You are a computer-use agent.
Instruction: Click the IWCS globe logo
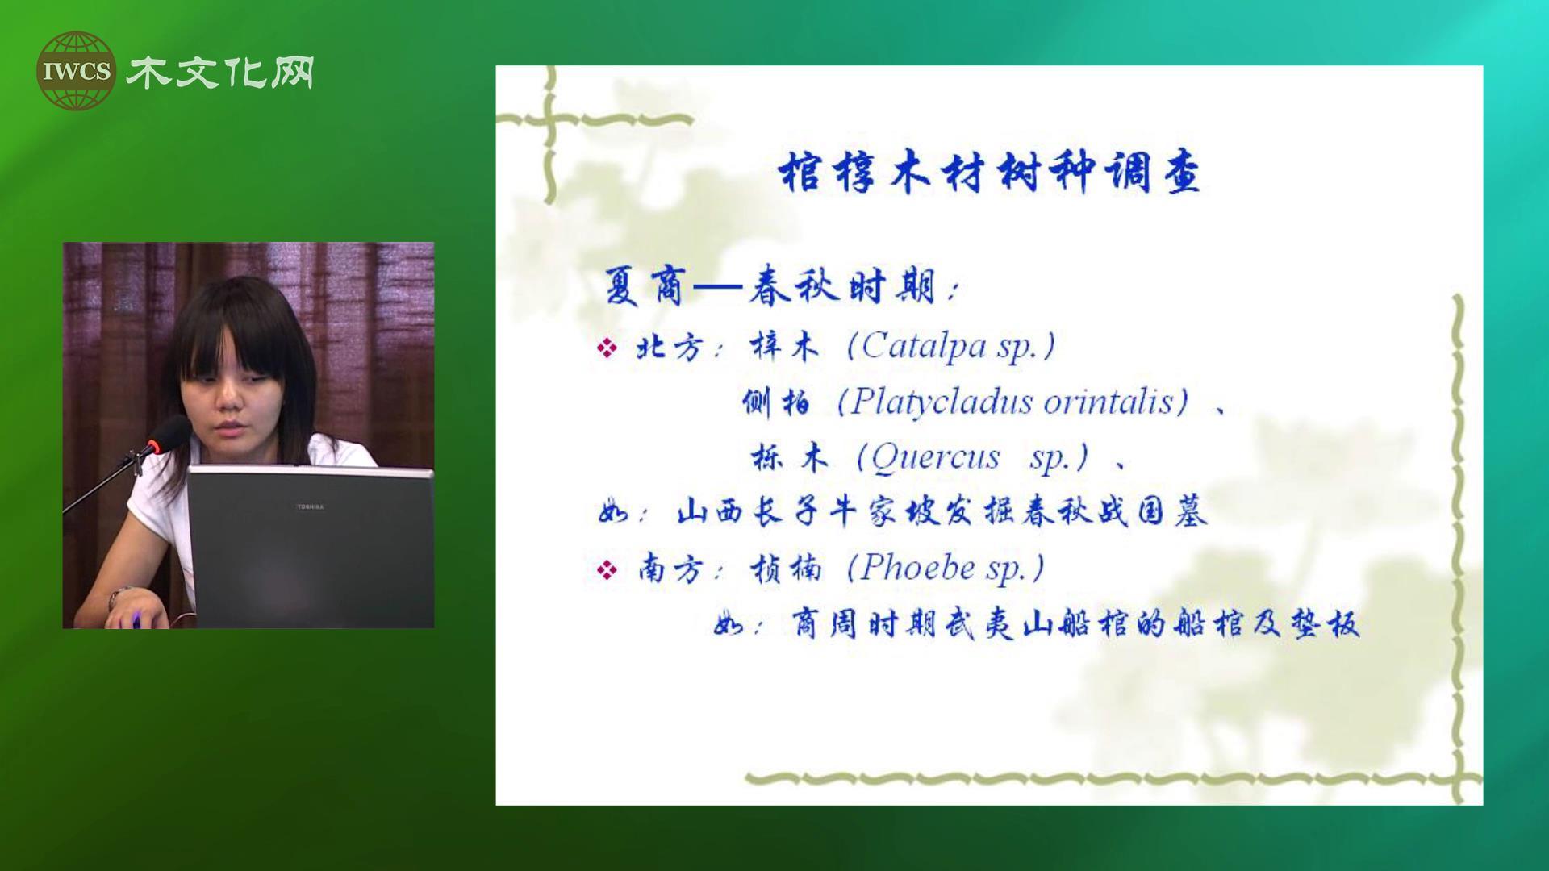click(x=76, y=71)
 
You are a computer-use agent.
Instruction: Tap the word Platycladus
click(x=942, y=402)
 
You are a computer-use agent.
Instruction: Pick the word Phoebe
click(x=918, y=568)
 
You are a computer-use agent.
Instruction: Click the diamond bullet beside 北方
click(x=607, y=348)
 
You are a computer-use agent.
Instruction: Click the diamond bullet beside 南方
click(x=607, y=570)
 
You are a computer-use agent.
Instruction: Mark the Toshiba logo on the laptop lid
click(x=311, y=506)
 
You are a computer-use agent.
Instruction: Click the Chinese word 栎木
click(x=790, y=458)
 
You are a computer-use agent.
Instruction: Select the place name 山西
click(x=709, y=512)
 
